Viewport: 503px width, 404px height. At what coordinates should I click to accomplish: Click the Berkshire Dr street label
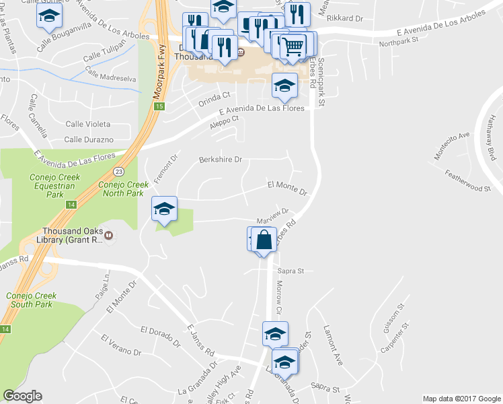(220, 160)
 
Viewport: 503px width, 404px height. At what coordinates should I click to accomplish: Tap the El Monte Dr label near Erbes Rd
(287, 188)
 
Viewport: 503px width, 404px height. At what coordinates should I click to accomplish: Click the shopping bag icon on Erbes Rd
(265, 238)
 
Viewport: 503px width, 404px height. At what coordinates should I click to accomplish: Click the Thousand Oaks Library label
(64, 235)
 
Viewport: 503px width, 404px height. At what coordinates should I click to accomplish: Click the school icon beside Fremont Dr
(163, 208)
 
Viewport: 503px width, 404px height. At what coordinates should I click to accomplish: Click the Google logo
(22, 396)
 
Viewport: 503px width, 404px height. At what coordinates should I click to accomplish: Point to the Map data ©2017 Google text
(461, 399)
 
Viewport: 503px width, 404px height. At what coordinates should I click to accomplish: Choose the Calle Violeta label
(87, 124)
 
